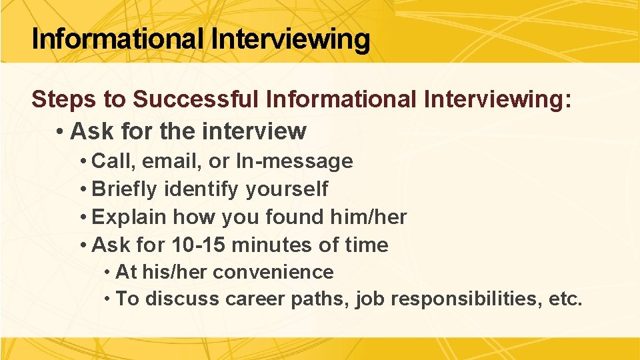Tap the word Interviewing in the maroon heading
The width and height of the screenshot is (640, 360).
(497, 99)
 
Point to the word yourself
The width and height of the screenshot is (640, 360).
(287, 189)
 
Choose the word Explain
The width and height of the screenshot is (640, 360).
(129, 217)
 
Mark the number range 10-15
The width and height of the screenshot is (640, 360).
(194, 245)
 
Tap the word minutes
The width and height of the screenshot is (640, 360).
(272, 245)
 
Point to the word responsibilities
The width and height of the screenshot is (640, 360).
(466, 299)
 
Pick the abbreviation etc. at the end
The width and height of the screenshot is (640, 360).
(565, 299)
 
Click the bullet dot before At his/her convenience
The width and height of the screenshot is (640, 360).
(108, 273)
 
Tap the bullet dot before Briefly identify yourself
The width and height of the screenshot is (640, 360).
(83, 189)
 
